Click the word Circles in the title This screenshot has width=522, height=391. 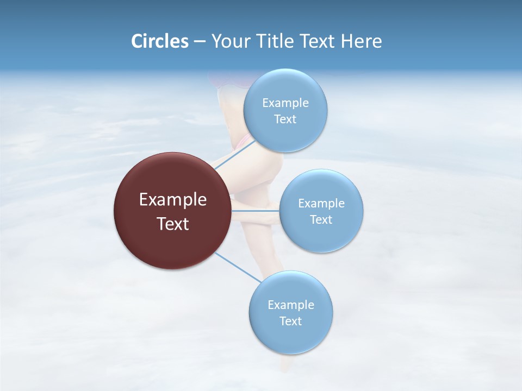click(160, 41)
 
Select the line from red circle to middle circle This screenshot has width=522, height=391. click(255, 211)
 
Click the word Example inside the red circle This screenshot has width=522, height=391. click(173, 200)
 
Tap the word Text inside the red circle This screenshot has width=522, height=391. click(173, 224)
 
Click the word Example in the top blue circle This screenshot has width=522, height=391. click(285, 103)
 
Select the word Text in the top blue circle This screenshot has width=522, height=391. click(285, 119)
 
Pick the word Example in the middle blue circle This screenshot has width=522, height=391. click(321, 204)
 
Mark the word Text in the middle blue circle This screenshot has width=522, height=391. click(321, 220)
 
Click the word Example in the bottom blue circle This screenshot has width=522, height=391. click(291, 305)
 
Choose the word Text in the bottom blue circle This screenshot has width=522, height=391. click(290, 321)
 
